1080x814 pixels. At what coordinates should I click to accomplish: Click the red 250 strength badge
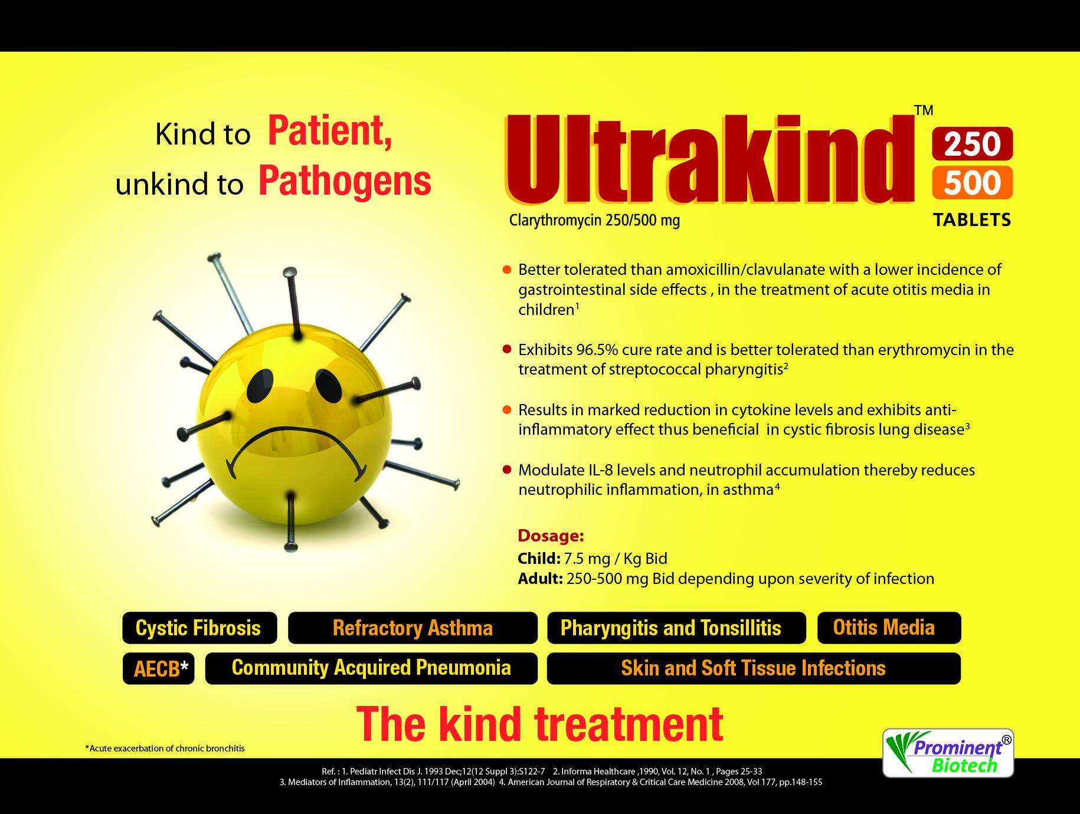[972, 143]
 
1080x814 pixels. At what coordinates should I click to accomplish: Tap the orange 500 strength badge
[972, 183]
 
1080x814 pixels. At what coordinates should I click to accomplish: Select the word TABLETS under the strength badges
[972, 220]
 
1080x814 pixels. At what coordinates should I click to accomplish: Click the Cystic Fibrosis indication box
[199, 628]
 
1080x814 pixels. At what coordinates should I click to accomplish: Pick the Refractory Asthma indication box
[413, 628]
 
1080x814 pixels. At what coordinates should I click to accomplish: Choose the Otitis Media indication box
[889, 628]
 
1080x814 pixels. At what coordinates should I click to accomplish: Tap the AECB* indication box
[159, 668]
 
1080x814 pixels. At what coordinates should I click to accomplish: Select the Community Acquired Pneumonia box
[371, 668]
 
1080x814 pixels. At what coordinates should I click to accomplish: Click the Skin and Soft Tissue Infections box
[754, 668]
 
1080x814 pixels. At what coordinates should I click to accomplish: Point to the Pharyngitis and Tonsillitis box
[676, 628]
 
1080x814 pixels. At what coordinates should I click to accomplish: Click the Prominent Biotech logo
[948, 753]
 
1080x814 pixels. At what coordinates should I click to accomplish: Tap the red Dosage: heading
[551, 536]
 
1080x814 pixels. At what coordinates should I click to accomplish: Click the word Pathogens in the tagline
[345, 180]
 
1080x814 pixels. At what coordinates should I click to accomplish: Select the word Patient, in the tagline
[330, 131]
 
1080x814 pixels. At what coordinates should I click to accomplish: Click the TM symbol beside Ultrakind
[924, 110]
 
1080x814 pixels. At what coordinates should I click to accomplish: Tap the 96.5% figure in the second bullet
[597, 350]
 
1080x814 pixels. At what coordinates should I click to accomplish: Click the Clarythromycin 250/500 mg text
[594, 221]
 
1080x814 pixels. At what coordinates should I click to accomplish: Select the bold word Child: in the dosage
[539, 559]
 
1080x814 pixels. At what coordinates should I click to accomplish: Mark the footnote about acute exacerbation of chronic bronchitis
[165, 749]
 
